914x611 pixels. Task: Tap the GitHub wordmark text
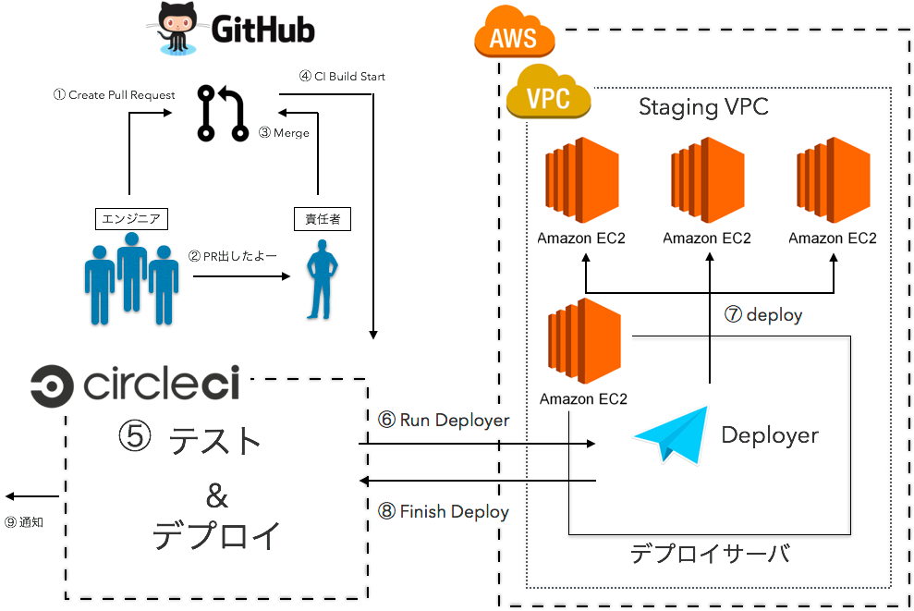[263, 30]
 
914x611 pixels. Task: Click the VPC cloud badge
[549, 94]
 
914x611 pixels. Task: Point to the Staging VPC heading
[703, 108]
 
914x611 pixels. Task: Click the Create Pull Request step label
[114, 95]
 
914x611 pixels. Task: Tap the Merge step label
[285, 134]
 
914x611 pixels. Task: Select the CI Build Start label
[343, 77]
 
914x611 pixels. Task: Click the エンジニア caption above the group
[131, 219]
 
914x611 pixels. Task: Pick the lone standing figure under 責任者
[321, 279]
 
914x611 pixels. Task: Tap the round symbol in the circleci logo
[57, 385]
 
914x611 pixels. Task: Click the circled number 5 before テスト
[135, 436]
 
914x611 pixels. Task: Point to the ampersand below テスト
[215, 496]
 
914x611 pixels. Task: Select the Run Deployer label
[444, 421]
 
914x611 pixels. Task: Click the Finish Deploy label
[444, 511]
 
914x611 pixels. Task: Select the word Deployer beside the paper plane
[769, 435]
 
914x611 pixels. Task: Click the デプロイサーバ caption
[710, 554]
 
